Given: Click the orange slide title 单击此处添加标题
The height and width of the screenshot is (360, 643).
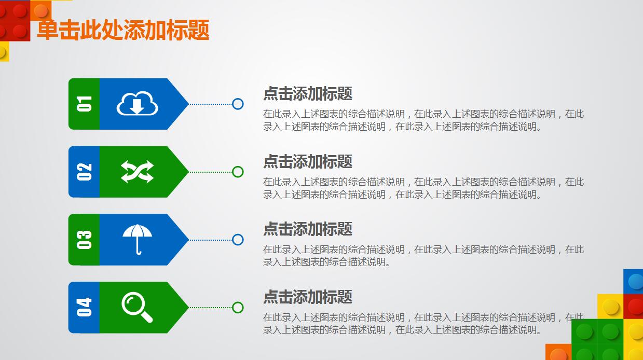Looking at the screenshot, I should point(123,30).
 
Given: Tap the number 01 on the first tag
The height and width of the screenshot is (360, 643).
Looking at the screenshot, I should point(84,104).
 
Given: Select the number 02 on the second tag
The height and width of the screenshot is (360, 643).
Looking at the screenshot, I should point(84,172).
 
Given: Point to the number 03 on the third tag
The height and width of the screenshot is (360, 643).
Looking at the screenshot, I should point(84,240).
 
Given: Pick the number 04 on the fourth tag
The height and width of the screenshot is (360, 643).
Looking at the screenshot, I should point(84,307).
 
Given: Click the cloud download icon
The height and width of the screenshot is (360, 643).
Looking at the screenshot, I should point(137,103).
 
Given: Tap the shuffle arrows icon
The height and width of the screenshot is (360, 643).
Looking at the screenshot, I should point(137,172).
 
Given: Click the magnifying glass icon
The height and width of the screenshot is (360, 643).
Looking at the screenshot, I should point(138,307).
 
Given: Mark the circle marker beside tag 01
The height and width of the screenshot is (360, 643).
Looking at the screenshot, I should point(238,104).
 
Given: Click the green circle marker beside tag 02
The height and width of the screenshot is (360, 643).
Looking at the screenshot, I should point(238,172).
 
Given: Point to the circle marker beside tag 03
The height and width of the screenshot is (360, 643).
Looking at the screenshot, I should point(238,240).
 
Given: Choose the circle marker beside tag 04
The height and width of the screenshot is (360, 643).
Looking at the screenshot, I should point(238,308).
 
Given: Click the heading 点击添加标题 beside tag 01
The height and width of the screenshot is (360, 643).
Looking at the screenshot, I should point(308,94).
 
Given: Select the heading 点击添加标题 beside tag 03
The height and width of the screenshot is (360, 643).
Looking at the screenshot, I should point(308,229).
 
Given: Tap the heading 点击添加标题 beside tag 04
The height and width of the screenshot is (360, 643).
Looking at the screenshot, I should point(308,297).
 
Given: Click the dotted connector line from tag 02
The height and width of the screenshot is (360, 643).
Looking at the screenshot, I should point(210,172).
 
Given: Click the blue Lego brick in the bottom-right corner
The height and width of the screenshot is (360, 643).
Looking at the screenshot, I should point(634,281).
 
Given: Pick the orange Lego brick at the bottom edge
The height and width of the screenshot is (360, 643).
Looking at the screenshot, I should point(558,353).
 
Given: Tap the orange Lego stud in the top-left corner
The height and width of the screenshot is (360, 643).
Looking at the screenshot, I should point(41,10).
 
